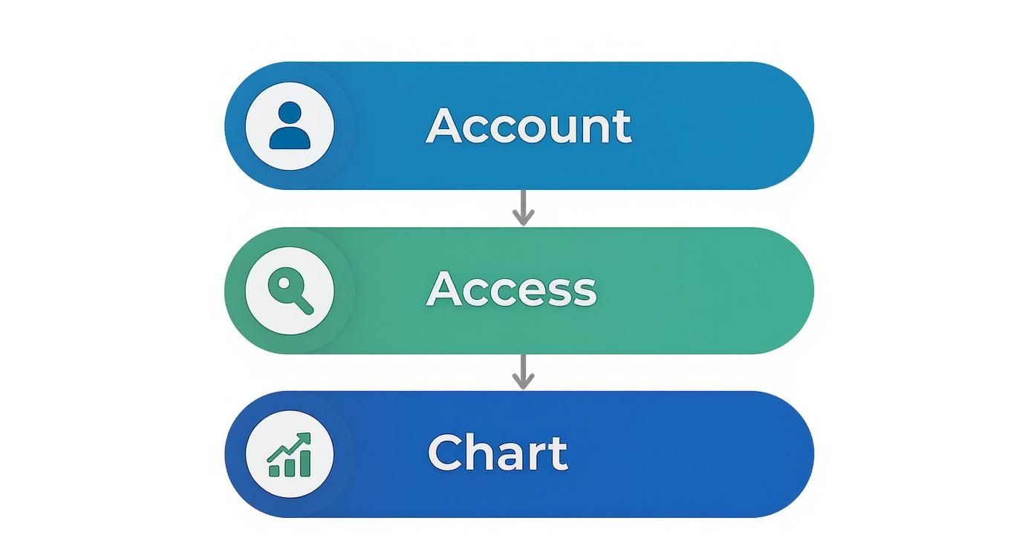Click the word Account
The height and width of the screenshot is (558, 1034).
[528, 126]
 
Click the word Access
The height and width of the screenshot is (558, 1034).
[511, 289]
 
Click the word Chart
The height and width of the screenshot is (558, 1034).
[498, 453]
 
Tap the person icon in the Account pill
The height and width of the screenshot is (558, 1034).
[289, 126]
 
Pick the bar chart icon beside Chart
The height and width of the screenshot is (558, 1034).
[290, 454]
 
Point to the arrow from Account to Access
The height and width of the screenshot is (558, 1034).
[523, 208]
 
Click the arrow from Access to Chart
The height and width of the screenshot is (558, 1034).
[523, 372]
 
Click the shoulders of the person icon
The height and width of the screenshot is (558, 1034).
[289, 138]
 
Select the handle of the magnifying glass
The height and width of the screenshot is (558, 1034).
[302, 303]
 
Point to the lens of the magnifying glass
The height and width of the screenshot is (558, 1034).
[283, 283]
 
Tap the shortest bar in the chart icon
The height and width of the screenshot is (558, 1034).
[274, 470]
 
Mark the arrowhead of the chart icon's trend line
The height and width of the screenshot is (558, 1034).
[305, 439]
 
